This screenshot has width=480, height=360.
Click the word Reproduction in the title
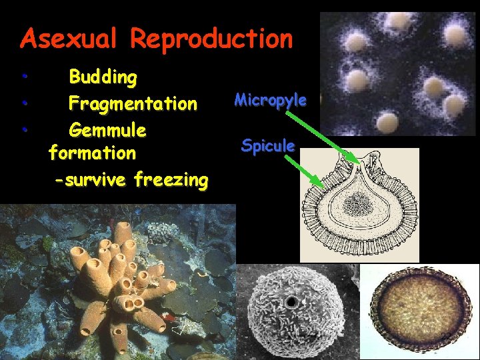pos(211,39)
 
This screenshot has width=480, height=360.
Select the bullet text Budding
pos(103,77)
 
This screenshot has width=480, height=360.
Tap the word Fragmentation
pos(133,103)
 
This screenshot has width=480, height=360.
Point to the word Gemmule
pos(107,128)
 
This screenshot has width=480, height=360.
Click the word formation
pos(92,153)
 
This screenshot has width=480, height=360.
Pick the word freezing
pos(171,179)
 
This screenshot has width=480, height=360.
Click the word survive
pos(96,179)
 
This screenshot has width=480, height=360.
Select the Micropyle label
pos(270,101)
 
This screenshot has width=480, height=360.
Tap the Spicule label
pos(268,145)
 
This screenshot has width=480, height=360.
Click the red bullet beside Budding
pos(23,77)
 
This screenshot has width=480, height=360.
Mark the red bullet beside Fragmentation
pos(23,103)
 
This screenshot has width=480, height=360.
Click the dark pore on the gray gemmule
pos(291,303)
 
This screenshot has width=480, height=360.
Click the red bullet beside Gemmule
pos(23,128)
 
